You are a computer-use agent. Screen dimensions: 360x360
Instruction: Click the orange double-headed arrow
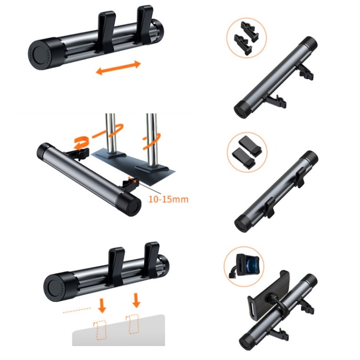(x=118, y=68)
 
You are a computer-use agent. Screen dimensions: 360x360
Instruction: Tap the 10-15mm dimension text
(x=168, y=199)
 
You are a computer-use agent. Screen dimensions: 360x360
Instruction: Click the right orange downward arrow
(x=136, y=300)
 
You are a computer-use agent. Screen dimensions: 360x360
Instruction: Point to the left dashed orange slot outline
(x=100, y=330)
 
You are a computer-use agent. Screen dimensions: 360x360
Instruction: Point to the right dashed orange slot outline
(x=132, y=324)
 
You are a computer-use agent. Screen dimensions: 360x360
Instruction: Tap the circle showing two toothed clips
(x=247, y=38)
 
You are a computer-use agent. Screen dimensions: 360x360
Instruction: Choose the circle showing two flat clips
(x=247, y=152)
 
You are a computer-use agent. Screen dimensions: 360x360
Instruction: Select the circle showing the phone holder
(x=244, y=266)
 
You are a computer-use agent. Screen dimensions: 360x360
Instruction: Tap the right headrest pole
(x=152, y=140)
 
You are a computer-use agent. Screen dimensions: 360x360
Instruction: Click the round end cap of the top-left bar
(x=39, y=55)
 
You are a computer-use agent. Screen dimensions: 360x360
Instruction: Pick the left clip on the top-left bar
(x=107, y=32)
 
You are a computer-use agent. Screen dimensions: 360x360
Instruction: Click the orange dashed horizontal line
(x=77, y=310)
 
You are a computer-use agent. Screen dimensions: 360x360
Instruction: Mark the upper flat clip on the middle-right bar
(x=300, y=176)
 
